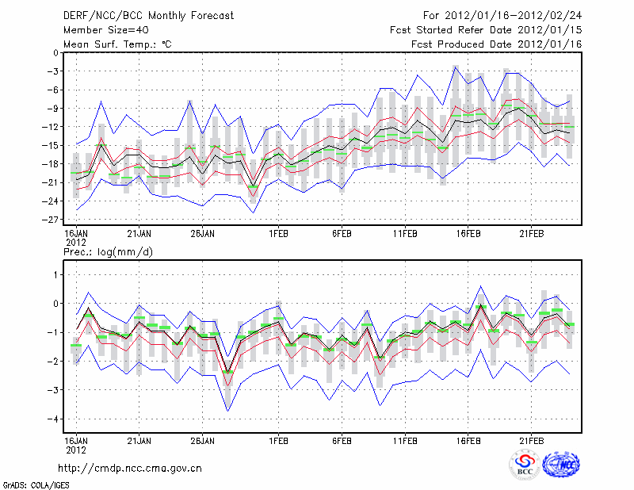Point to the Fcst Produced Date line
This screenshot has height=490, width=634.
tap(497, 44)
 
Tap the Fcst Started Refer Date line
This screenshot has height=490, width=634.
tap(486, 29)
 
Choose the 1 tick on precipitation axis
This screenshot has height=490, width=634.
tap(55, 274)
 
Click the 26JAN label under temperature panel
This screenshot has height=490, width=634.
tap(202, 235)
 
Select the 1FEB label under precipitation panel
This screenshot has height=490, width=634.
tap(278, 438)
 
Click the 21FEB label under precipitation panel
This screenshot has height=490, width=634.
tap(531, 438)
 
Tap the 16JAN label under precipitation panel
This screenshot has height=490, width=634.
tap(76, 438)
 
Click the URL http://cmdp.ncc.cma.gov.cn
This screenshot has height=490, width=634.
tap(131, 468)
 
